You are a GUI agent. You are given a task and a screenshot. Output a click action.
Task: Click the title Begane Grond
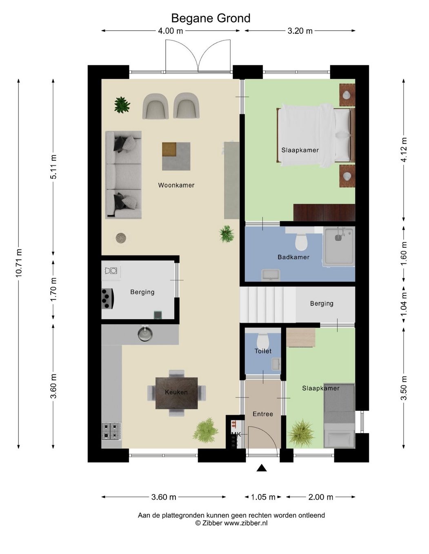tap(211, 18)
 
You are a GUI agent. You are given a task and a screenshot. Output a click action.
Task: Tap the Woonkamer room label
tap(176, 185)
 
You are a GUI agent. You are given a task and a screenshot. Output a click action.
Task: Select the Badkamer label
tap(293, 257)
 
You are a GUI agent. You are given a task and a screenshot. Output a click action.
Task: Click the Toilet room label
tap(263, 351)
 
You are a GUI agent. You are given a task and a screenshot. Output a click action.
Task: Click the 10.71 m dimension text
tap(19, 263)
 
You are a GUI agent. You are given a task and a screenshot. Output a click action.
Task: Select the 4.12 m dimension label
tap(404, 150)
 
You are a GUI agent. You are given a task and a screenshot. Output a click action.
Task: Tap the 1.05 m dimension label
tap(263, 497)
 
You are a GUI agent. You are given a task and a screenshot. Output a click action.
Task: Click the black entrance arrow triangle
tap(261, 468)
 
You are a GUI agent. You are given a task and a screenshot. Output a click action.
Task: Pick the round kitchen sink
tap(145, 334)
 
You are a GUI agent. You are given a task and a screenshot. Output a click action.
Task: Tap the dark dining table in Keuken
tap(176, 393)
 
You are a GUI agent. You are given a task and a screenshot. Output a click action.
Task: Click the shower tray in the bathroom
tap(339, 246)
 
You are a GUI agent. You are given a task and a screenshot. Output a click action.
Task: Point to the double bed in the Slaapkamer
tap(316, 136)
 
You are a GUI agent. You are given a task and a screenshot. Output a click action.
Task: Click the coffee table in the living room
tap(176, 156)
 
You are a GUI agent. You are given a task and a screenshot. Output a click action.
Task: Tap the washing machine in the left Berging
tap(111, 271)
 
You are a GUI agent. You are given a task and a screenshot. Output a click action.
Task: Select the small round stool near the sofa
tap(121, 238)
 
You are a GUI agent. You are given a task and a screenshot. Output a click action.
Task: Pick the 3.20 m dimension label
tap(300, 31)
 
